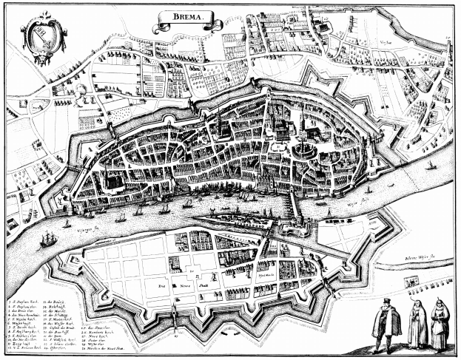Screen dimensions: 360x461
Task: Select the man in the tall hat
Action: pos(386,325)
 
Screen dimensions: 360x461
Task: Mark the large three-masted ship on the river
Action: pos(49,239)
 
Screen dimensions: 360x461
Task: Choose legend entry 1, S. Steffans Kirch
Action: pos(21,302)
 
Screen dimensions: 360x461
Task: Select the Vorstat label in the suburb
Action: pos(386,43)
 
